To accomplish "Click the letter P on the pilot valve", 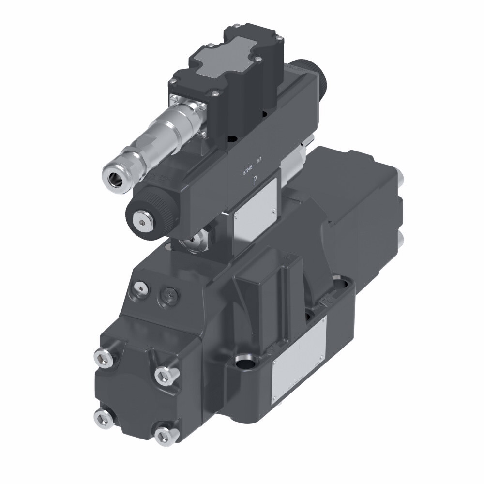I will [256, 182].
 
